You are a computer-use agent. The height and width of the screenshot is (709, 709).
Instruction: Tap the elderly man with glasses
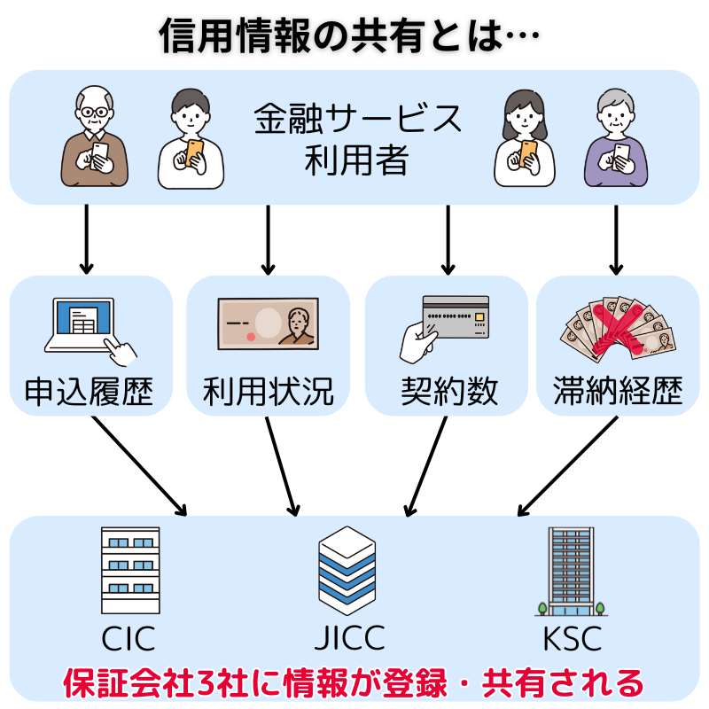point(96,143)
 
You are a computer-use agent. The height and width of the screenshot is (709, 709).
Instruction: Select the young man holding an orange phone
point(191,141)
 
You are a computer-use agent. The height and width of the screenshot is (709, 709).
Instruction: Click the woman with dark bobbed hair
point(523,141)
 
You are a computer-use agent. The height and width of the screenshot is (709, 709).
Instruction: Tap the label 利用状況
point(268,391)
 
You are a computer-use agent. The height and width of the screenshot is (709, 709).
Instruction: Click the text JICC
point(350,637)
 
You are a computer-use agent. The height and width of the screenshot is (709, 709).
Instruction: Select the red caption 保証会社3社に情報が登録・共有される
point(353,682)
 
